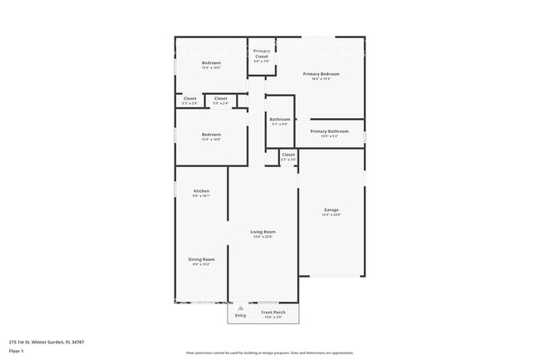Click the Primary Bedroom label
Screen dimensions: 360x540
tap(321, 74)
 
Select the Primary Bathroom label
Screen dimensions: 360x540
tap(330, 131)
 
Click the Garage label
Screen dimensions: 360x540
tap(331, 210)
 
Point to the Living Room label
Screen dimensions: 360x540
tap(263, 232)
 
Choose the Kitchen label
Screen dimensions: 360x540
tap(201, 191)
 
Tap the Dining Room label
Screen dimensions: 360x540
tap(201, 259)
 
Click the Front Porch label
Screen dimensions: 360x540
tap(273, 313)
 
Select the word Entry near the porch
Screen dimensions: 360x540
tap(241, 316)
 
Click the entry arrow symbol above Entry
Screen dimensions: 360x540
tap(241, 308)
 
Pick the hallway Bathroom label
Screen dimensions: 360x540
tap(280, 119)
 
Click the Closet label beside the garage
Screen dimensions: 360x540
tap(288, 155)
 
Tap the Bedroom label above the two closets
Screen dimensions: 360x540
tap(211, 63)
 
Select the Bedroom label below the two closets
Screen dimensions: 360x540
tap(211, 135)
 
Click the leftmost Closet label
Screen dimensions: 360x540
tap(190, 99)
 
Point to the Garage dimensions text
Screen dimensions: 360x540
tap(331, 215)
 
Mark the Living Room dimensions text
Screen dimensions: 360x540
tap(263, 237)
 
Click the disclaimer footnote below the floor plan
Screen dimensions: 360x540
tap(269, 353)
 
